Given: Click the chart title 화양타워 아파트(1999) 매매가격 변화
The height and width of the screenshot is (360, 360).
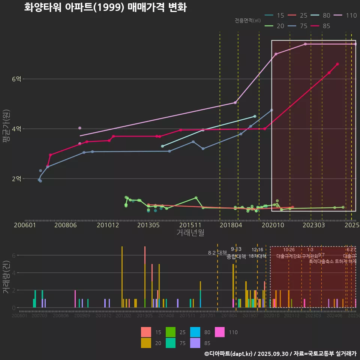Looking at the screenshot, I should (105, 7).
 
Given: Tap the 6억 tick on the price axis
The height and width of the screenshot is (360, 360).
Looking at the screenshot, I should (16, 79).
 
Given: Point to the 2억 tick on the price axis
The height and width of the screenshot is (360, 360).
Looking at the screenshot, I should (16, 178).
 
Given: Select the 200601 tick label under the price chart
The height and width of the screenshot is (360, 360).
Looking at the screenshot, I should (25, 225).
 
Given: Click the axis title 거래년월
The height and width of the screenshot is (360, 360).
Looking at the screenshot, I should (190, 232).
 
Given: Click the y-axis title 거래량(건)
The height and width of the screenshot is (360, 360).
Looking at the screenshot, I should (6, 277).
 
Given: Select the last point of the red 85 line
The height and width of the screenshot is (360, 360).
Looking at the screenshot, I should (337, 64).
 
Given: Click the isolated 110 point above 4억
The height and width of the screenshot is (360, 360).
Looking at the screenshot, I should (79, 128).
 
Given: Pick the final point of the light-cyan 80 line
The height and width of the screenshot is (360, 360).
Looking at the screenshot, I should (255, 116).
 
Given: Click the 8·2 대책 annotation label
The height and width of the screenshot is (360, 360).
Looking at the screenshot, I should (217, 252).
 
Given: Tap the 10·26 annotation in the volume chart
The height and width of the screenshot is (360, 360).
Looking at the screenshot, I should (289, 250).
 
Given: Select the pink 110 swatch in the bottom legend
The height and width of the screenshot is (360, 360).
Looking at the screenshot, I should (221, 332).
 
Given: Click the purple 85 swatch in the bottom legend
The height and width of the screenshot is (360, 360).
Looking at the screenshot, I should (196, 342).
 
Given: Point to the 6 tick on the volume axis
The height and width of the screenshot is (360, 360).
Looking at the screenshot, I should (13, 255).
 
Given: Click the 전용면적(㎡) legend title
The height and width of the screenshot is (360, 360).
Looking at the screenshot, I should (247, 21).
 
